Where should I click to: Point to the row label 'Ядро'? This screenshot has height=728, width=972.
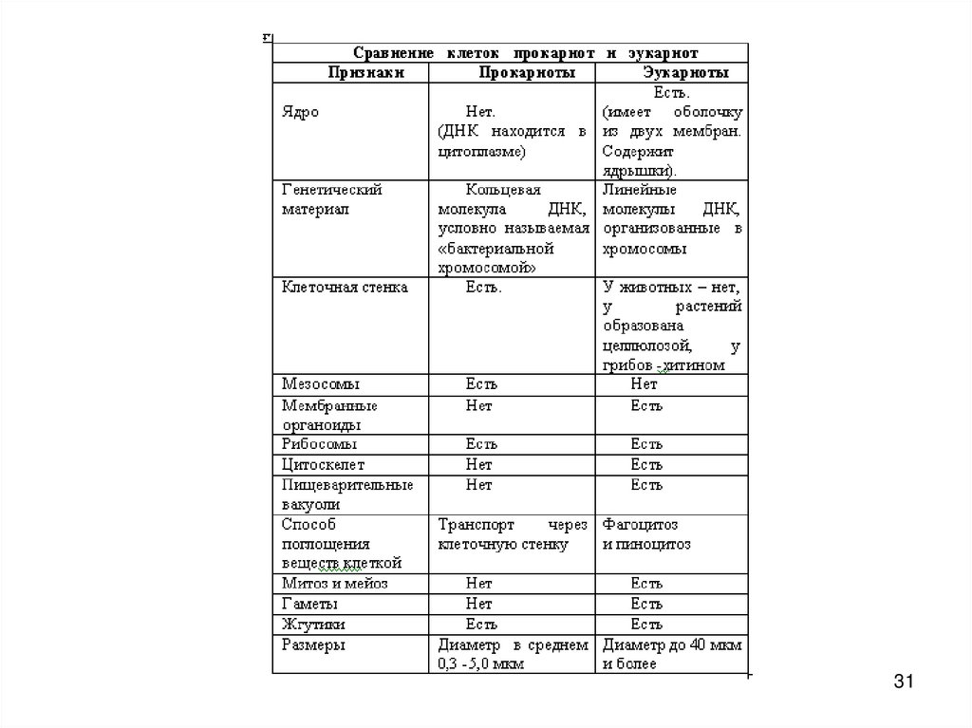click(x=300, y=111)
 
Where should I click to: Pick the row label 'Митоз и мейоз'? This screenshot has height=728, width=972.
click(x=334, y=584)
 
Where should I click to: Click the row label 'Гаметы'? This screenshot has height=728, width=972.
click(x=310, y=604)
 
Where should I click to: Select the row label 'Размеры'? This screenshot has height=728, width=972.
click(x=312, y=644)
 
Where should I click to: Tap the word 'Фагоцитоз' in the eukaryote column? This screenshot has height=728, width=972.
click(x=640, y=524)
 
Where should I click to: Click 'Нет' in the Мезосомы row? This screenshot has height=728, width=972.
click(x=644, y=384)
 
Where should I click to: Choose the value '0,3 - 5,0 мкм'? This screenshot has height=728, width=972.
click(x=481, y=664)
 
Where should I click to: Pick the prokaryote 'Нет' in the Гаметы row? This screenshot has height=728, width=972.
click(x=478, y=604)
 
